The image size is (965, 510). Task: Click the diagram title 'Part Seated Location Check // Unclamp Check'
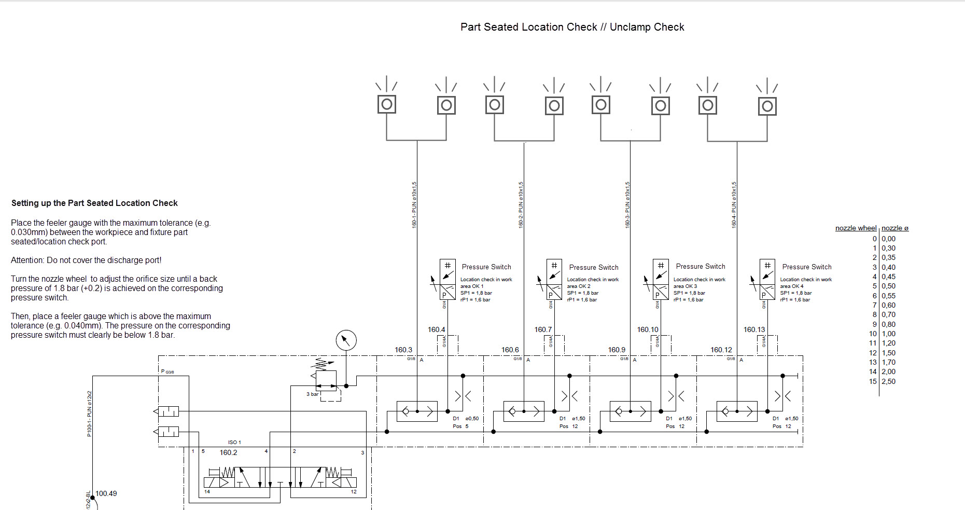(x=572, y=27)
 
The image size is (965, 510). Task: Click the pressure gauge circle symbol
(x=346, y=340)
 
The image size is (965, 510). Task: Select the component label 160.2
(x=228, y=452)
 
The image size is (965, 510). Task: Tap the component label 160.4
(x=436, y=329)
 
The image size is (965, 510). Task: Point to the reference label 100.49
(x=106, y=493)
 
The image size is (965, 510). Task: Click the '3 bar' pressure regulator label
(x=312, y=394)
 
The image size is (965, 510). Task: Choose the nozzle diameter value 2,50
(x=888, y=381)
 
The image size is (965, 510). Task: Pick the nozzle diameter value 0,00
(x=888, y=239)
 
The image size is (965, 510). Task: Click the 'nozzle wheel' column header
(x=856, y=228)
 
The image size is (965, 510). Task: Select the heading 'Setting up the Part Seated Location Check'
(x=94, y=203)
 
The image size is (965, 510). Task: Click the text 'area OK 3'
(x=685, y=286)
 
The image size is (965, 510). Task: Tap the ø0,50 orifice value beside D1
(x=472, y=418)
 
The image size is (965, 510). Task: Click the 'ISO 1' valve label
(x=234, y=442)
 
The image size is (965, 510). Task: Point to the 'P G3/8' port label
(x=167, y=371)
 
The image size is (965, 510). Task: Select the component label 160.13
(x=754, y=329)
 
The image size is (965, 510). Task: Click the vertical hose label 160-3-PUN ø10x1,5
(x=627, y=204)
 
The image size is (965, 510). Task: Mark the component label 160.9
(x=617, y=350)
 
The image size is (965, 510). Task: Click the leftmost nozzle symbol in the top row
(x=387, y=104)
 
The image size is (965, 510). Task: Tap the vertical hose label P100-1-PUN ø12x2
(x=89, y=413)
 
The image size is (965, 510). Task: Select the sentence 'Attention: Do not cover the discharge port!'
(x=86, y=260)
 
